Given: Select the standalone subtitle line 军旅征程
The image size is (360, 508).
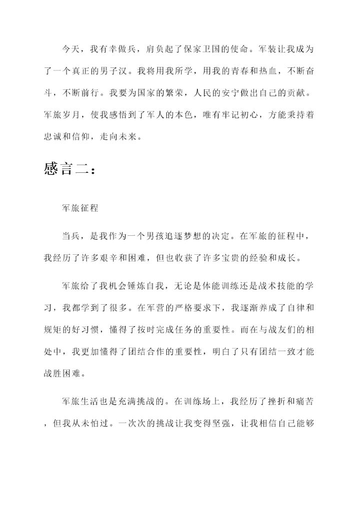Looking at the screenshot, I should (x=80, y=209).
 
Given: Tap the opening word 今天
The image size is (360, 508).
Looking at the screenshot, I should (x=71, y=49).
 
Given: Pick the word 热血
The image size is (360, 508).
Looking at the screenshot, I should (x=259, y=71).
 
